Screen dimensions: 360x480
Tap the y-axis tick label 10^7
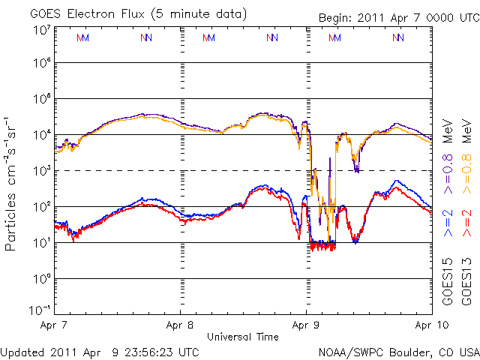[x=41, y=30]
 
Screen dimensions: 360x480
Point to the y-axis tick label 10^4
[x=41, y=135]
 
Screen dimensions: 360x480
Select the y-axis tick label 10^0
[x=41, y=279]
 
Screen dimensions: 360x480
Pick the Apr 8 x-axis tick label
[x=180, y=326]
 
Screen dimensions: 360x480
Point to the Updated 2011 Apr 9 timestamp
[x=100, y=351]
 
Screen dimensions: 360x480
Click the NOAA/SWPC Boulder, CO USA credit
[x=398, y=351]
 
